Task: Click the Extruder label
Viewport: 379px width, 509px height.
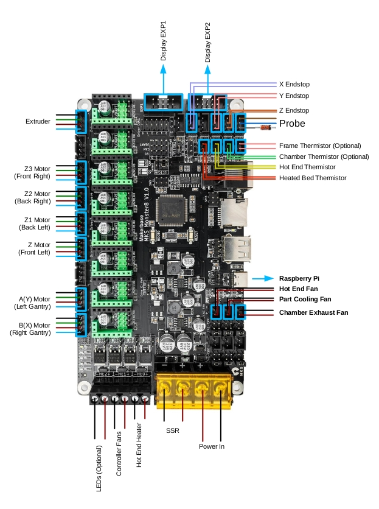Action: pyautogui.click(x=38, y=122)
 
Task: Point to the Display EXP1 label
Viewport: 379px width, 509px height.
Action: pyautogui.click(x=164, y=43)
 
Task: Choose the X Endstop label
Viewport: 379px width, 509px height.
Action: pyautogui.click(x=294, y=84)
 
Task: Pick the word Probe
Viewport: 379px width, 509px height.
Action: pyautogui.click(x=292, y=124)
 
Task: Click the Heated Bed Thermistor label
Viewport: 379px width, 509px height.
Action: pyautogui.click(x=312, y=178)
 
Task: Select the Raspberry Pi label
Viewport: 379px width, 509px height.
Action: pyautogui.click(x=299, y=278)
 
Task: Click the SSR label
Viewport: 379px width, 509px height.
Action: pyautogui.click(x=173, y=430)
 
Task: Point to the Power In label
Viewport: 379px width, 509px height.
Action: pyautogui.click(x=212, y=446)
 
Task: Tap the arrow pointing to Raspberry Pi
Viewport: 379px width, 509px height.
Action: pyautogui.click(x=262, y=278)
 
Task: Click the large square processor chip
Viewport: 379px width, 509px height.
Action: pyautogui.click(x=172, y=210)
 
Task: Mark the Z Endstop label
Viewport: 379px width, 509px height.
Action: pyautogui.click(x=294, y=110)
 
